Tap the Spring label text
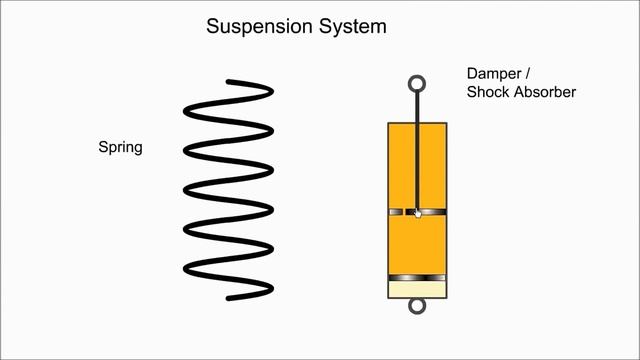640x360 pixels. pyautogui.click(x=120, y=148)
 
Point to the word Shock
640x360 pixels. pyautogui.click(x=487, y=93)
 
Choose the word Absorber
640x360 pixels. pyautogui.click(x=545, y=93)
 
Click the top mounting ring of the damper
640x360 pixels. pyautogui.click(x=417, y=84)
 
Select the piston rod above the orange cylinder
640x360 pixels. pyautogui.click(x=417, y=107)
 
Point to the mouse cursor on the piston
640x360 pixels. pyautogui.click(x=418, y=213)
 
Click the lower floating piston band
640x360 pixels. pyautogui.click(x=417, y=277)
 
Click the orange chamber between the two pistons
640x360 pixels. pyautogui.click(x=417, y=245)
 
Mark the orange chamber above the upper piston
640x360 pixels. pyautogui.click(x=401, y=165)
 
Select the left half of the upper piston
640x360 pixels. pyautogui.click(x=401, y=212)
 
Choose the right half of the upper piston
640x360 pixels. pyautogui.click(x=433, y=212)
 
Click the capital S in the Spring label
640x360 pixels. pyautogui.click(x=102, y=148)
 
